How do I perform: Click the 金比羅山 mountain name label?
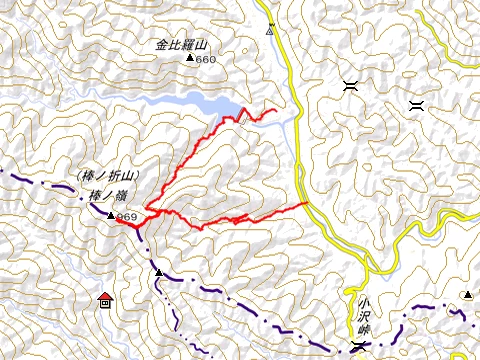181,45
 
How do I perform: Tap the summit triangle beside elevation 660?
190,59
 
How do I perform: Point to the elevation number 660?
206,60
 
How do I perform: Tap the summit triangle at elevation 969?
111,215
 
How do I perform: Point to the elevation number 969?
126,217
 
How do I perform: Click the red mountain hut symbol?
105,298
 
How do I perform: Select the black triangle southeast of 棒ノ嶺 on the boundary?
158,272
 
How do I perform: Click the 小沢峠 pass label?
361,312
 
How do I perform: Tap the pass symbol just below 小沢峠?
359,346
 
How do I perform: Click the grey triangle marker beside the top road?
270,30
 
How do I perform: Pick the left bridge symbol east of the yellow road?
350,87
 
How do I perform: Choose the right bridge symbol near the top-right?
416,104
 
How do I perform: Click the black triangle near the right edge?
467,294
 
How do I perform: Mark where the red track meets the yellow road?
306,203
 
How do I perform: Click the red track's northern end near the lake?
275,108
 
